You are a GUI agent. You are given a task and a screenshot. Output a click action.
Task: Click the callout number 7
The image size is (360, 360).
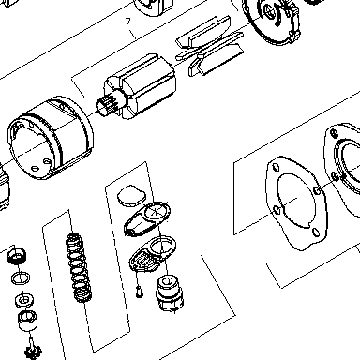[x=127, y=22]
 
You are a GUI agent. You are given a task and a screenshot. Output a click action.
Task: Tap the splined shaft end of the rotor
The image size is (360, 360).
[x=106, y=105]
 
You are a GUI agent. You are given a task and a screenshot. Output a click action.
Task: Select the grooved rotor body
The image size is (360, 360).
[x=141, y=86]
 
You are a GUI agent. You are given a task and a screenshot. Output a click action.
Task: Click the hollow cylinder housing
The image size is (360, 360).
[x=50, y=138]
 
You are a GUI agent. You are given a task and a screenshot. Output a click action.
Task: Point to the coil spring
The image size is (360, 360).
[x=78, y=268]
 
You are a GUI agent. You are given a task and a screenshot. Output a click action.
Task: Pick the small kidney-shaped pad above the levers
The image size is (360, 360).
[x=131, y=196]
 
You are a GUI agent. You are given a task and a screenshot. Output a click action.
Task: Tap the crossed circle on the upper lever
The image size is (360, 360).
[x=157, y=211]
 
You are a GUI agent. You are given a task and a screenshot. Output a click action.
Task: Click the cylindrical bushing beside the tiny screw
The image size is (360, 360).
[x=170, y=293]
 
